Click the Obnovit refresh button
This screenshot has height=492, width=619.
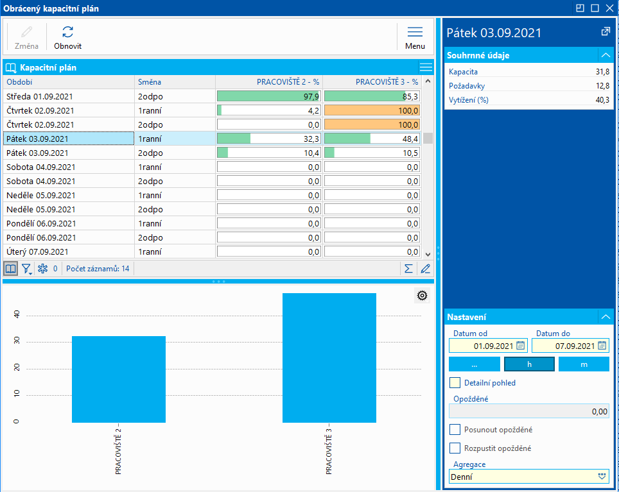pos(67,37)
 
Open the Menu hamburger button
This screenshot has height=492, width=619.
pos(415,37)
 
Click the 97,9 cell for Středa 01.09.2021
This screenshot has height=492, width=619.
pos(269,96)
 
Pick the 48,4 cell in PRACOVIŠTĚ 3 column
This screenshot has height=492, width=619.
pos(372,139)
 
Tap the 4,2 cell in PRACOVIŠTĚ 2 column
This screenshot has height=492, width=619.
pos(269,110)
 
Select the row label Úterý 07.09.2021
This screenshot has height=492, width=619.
pos(37,251)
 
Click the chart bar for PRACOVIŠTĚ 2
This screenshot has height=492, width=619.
pos(119,379)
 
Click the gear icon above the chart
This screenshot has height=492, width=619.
pos(422,295)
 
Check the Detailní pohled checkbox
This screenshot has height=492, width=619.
pos(455,383)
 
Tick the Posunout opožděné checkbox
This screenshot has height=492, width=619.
pos(455,430)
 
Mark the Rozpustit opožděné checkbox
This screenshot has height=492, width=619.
pos(455,448)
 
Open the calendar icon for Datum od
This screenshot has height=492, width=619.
pos(521,346)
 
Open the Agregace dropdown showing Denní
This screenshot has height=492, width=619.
pos(602,477)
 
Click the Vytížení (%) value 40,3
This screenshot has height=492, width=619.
pos(602,100)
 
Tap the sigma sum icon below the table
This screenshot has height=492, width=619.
pos(408,269)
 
